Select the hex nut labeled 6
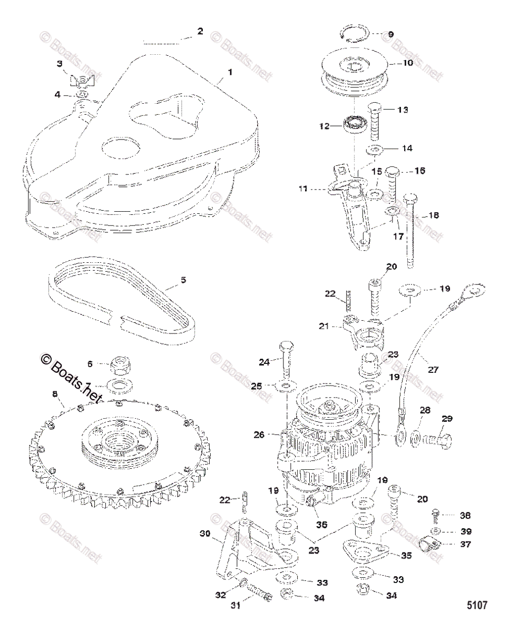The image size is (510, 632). [123, 364]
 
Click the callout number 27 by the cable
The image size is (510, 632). [432, 370]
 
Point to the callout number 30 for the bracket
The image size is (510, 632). [205, 533]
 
